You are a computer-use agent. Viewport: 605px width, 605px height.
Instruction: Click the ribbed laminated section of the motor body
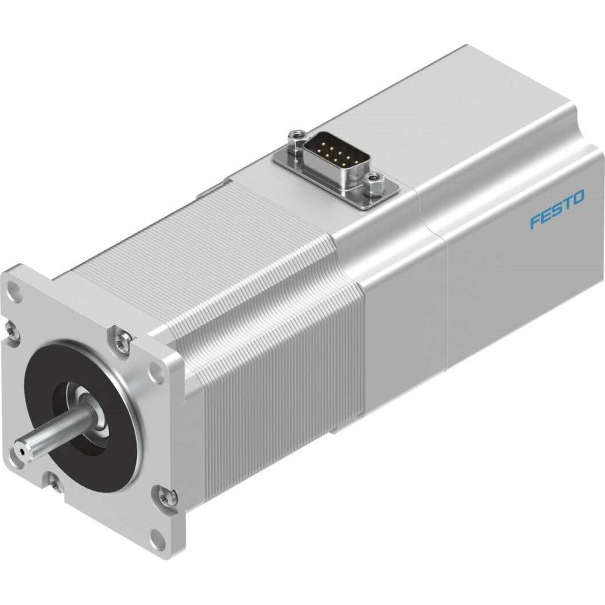click(x=250, y=302)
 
